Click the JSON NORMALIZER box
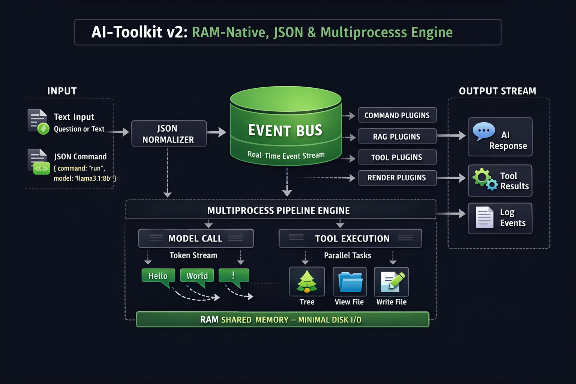pos(169,134)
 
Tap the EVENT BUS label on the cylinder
pos(285,130)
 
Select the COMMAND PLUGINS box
pos(397,115)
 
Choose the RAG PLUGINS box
pos(397,136)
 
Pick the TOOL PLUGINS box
pos(397,157)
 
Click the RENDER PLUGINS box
pos(397,178)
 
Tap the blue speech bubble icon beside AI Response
pos(484,131)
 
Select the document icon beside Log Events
pos(484,217)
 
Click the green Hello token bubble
pos(158,276)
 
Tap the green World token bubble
pos(197,276)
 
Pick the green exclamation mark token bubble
pos(234,276)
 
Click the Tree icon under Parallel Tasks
pos(307,282)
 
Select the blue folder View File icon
pos(350,282)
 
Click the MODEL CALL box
pos(196,238)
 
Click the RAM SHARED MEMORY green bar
pos(282,319)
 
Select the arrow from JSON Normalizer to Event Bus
pos(217,132)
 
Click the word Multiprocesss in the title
pos(363,33)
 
